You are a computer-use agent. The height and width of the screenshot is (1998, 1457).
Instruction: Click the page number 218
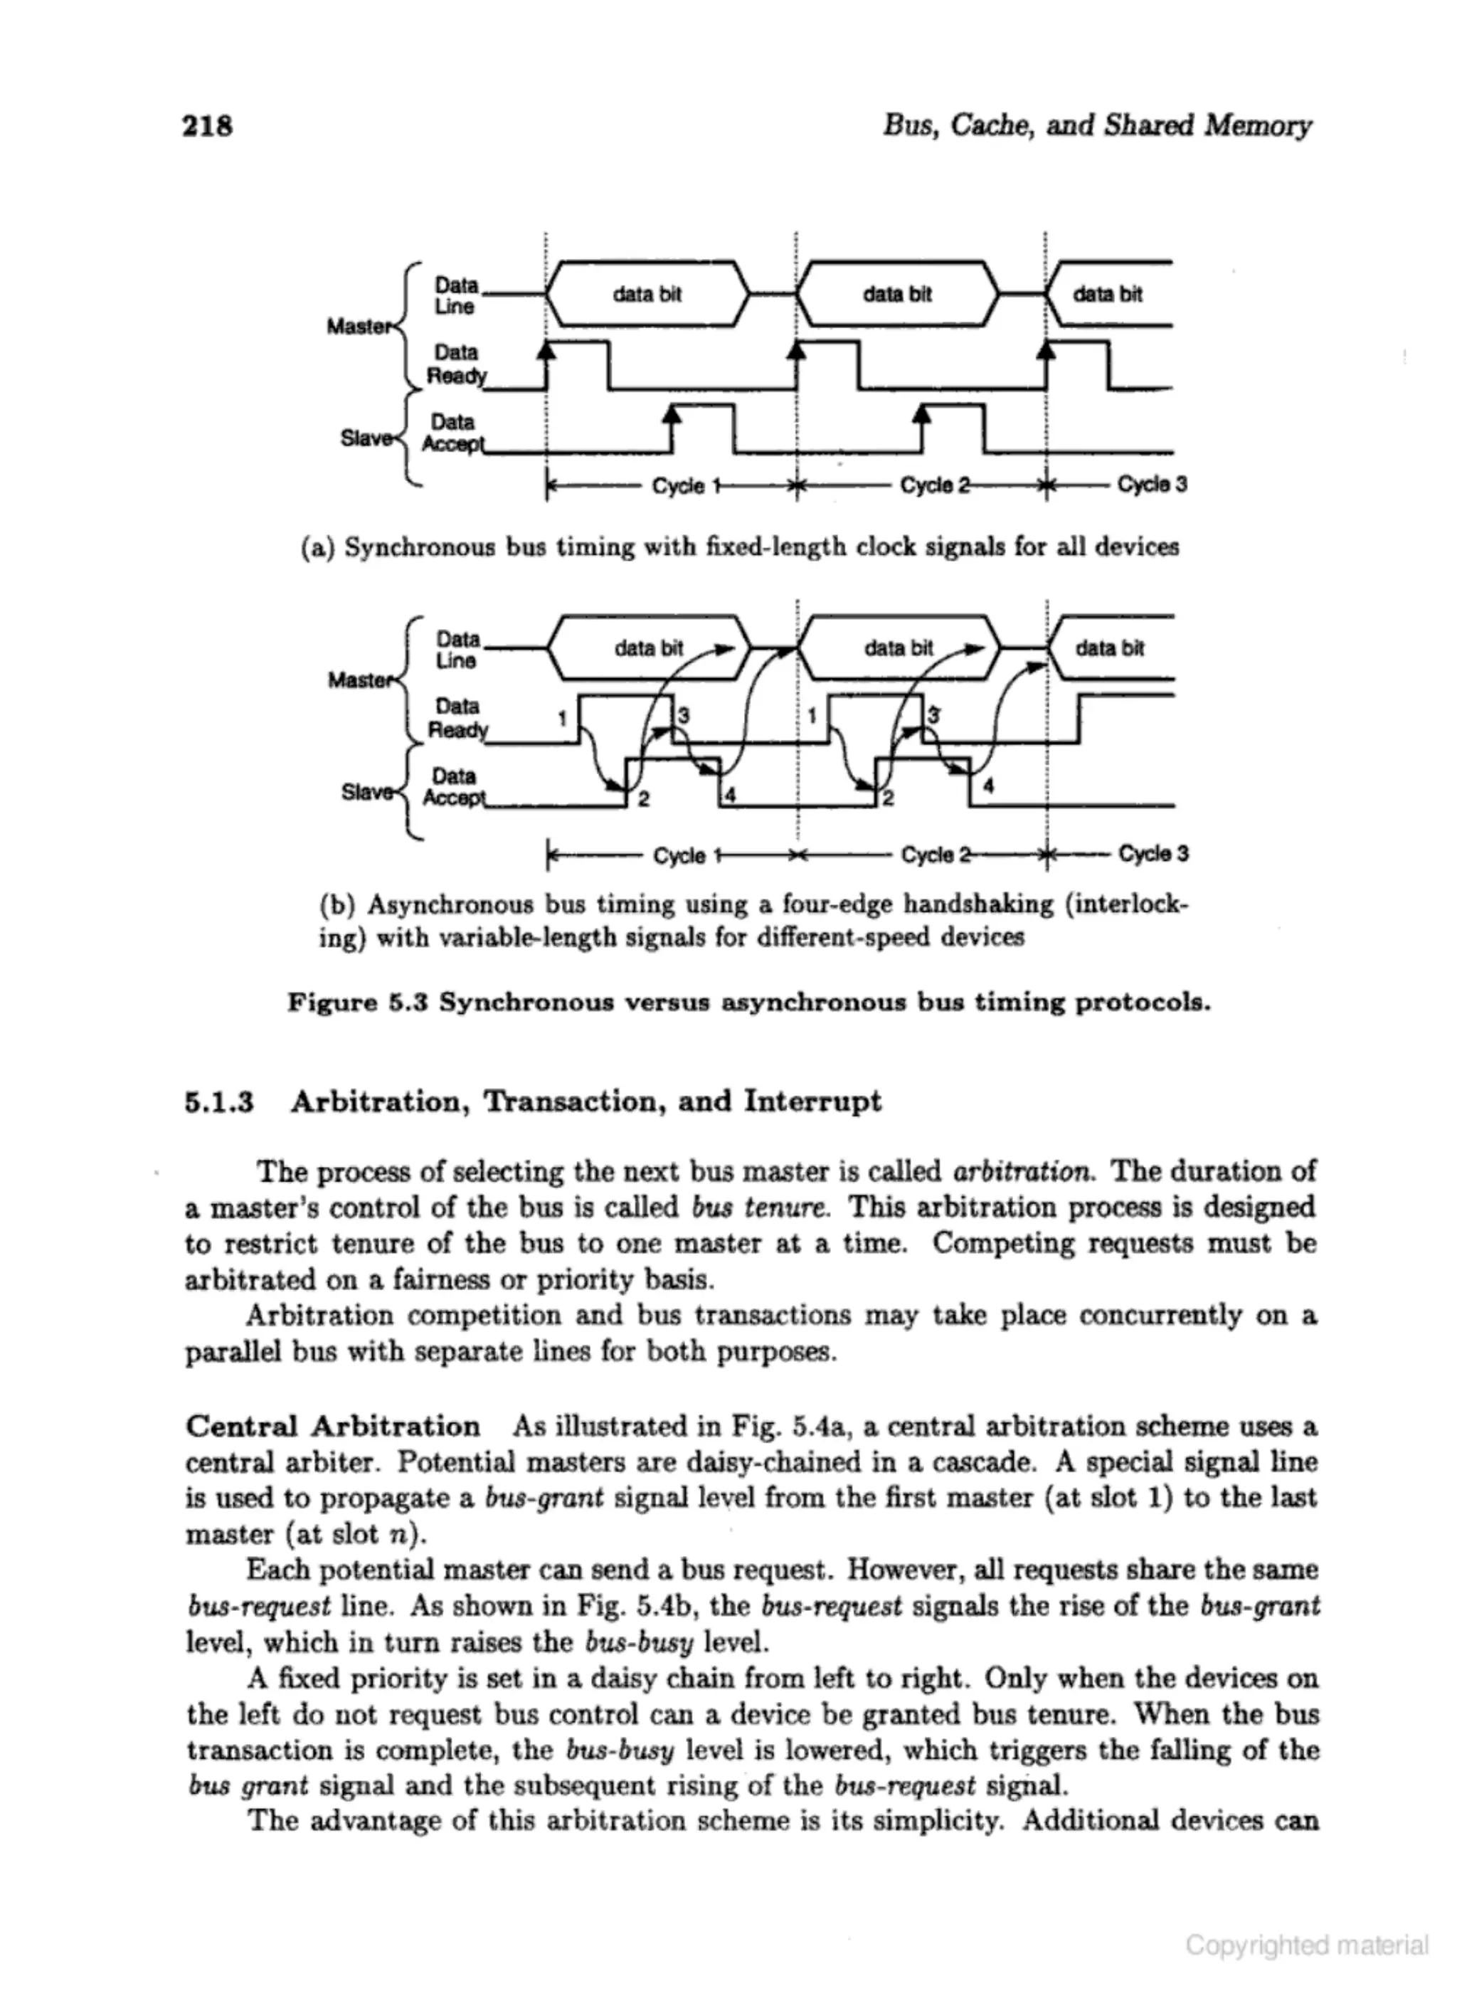pos(207,126)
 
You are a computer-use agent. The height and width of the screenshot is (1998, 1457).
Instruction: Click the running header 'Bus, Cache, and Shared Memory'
pos(1097,125)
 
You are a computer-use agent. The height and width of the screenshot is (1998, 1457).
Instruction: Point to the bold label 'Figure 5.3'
pos(357,1003)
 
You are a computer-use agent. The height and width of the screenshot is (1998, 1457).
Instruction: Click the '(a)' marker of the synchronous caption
pos(317,548)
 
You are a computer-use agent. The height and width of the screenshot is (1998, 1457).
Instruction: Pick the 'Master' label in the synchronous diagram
pos(358,327)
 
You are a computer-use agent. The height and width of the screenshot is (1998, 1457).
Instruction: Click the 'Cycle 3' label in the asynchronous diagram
pos(1154,854)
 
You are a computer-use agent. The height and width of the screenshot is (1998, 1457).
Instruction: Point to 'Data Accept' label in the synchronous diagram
pos(453,433)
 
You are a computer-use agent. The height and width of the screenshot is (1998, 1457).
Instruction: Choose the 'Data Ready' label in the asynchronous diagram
pos(457,718)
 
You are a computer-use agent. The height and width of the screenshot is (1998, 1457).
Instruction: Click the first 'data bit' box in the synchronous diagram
pos(647,295)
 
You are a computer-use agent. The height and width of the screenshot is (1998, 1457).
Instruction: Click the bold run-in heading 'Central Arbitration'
pos(332,1427)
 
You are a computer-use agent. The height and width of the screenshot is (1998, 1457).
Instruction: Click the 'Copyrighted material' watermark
pos(1306,1945)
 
